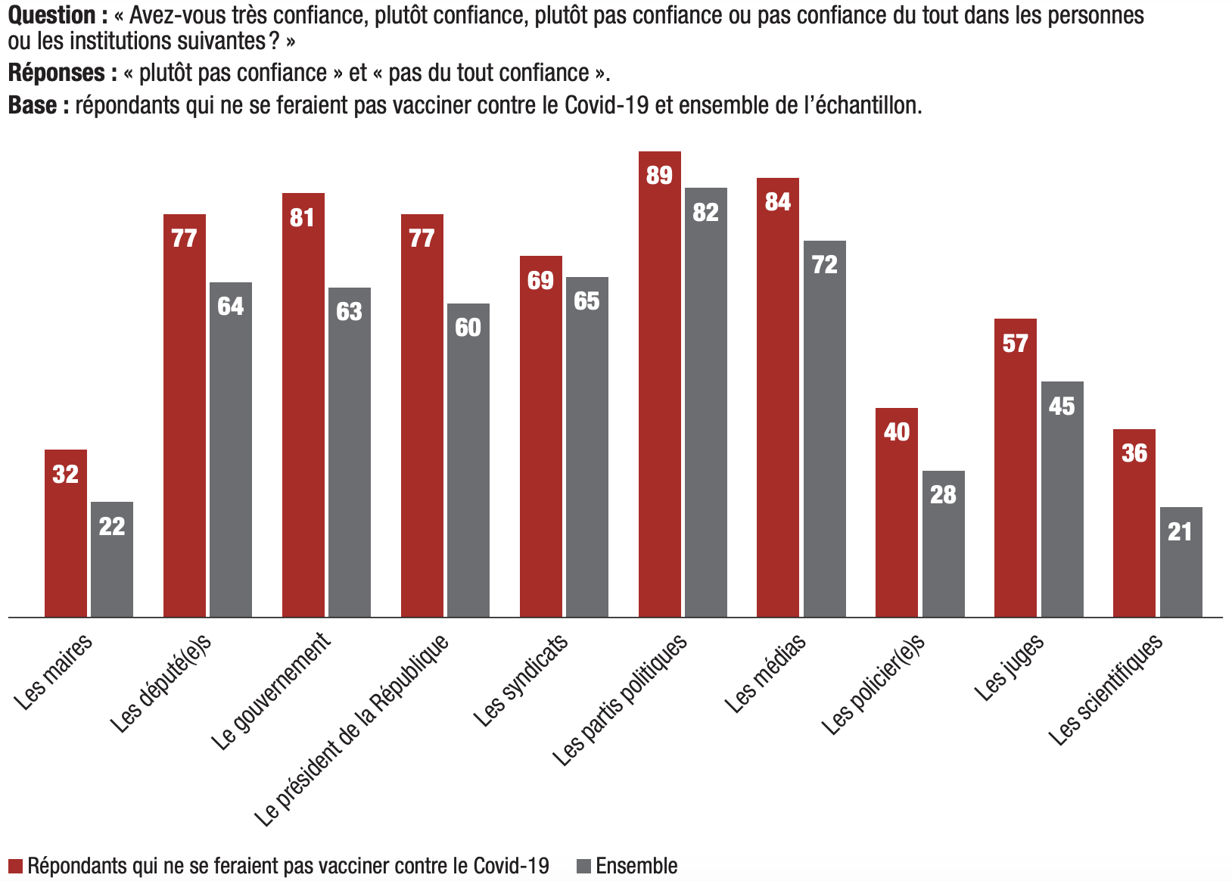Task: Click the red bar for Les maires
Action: pos(66,534)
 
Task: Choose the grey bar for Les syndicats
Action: pos(586,447)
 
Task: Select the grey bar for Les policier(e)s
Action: pos(943,544)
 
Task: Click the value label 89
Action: pos(659,175)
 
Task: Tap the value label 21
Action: pos(1180,531)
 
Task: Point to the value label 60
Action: pos(468,327)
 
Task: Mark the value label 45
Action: pos(1062,406)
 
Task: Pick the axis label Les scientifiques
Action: pos(1106,690)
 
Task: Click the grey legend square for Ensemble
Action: pos(583,866)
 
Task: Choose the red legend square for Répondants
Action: pos(15,866)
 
